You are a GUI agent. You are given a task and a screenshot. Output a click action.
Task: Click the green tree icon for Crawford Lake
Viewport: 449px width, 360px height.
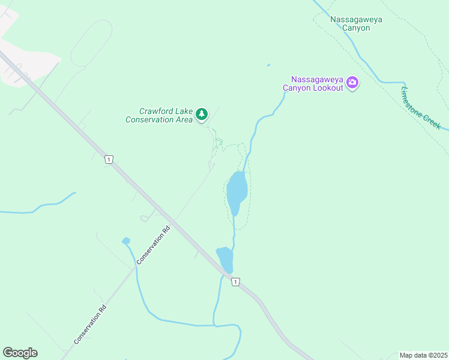[202, 113]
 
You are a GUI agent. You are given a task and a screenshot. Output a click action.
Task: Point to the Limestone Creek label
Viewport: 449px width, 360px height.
[421, 109]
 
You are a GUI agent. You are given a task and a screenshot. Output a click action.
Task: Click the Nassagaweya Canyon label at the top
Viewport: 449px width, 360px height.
[356, 23]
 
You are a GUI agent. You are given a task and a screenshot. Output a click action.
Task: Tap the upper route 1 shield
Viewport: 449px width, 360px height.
[108, 159]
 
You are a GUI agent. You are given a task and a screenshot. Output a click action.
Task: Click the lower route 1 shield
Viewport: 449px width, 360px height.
[235, 281]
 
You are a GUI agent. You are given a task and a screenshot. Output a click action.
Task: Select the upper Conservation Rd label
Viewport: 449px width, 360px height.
[154, 245]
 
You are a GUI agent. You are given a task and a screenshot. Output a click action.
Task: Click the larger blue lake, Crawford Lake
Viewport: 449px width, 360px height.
[236, 192]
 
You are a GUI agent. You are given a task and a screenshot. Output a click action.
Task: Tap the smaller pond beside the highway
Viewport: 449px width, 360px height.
[225, 259]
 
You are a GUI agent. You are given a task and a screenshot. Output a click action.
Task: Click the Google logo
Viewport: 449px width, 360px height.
[20, 353]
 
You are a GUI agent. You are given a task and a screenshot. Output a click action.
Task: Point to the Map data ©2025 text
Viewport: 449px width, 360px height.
[423, 355]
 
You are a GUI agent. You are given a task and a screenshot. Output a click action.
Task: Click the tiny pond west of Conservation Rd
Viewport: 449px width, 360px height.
[126, 241]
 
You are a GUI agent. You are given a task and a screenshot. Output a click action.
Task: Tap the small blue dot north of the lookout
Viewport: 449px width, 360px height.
[268, 65]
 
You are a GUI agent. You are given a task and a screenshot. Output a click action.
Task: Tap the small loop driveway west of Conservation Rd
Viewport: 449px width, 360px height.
[144, 218]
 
